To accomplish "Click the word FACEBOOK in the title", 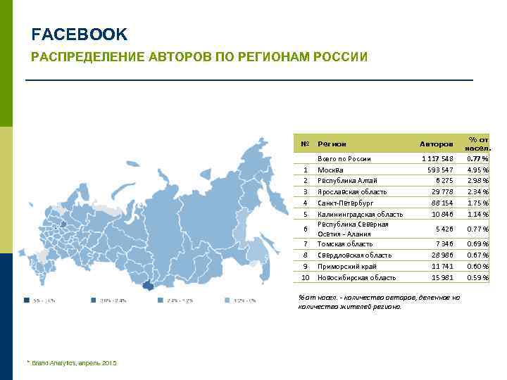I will tap(80, 34).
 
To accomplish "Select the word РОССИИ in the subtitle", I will tap(341, 56).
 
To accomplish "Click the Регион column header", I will tap(332, 144).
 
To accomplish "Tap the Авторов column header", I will tap(437, 144).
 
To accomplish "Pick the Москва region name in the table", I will tap(330, 170).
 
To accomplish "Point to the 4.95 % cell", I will tap(477, 170).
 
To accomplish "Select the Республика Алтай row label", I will tap(348, 180).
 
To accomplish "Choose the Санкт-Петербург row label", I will tap(346, 203).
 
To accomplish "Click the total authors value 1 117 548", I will tap(437, 159).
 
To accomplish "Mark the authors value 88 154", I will tap(442, 203).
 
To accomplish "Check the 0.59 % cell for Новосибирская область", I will tap(477, 277).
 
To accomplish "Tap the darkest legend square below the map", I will tap(26, 300).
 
